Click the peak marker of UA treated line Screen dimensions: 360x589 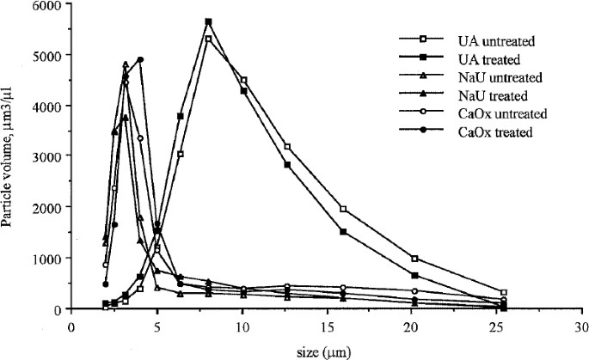point(208,22)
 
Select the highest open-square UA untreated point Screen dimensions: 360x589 point(208,40)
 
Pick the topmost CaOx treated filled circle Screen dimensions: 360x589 point(140,60)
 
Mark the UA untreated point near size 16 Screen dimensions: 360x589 point(343,210)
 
